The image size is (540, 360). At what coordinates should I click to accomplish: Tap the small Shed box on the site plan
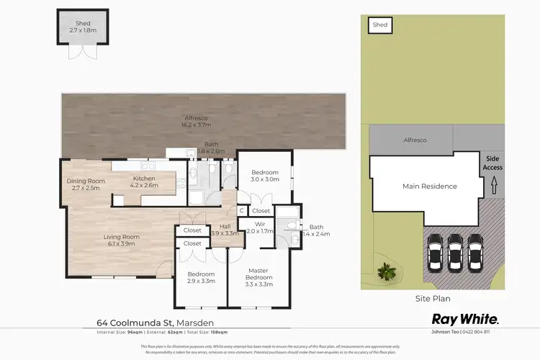coord(380,25)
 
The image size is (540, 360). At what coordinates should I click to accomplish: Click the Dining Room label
coord(86,184)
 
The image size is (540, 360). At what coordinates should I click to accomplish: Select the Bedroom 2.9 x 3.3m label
coord(201,278)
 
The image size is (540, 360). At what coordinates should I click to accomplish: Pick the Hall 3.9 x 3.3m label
coord(225,230)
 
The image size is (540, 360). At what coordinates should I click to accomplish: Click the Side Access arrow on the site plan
coord(493,187)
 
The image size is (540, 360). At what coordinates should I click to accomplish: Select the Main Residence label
coord(429,186)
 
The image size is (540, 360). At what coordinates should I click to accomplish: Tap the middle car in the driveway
coord(454,252)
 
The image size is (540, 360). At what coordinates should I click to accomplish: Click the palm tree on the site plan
coord(387,271)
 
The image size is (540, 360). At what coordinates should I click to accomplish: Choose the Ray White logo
coord(464,318)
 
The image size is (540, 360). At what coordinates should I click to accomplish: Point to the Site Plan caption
coord(434,297)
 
